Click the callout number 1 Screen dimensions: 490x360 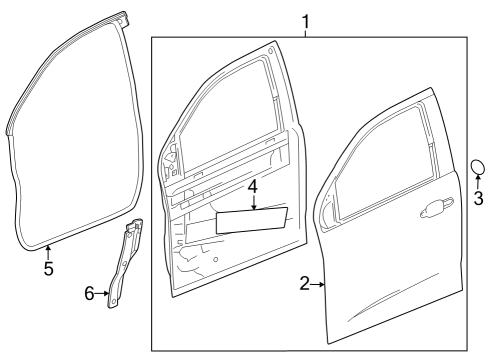[305, 22]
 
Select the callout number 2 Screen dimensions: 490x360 [305, 284]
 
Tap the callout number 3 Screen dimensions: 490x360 [478, 198]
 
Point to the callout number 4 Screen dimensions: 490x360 [253, 187]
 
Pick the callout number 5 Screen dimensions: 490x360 [49, 268]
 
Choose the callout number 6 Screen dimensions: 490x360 [89, 293]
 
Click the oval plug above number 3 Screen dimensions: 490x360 [478, 167]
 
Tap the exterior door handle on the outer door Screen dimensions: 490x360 [437, 209]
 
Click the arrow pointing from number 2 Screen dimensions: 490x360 [318, 284]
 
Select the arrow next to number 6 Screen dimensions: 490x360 [102, 293]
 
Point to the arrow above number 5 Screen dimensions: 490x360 [48, 252]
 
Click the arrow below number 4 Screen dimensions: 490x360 [254, 202]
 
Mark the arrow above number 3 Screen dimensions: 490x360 [478, 183]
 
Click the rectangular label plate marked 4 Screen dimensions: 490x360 [252, 220]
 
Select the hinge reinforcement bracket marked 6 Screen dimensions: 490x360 [124, 263]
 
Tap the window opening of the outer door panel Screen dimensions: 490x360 [381, 163]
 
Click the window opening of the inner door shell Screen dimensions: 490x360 [227, 116]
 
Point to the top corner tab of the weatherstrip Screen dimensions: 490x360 [123, 18]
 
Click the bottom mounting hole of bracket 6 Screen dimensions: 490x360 [114, 301]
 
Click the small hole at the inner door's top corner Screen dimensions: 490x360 [271, 51]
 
